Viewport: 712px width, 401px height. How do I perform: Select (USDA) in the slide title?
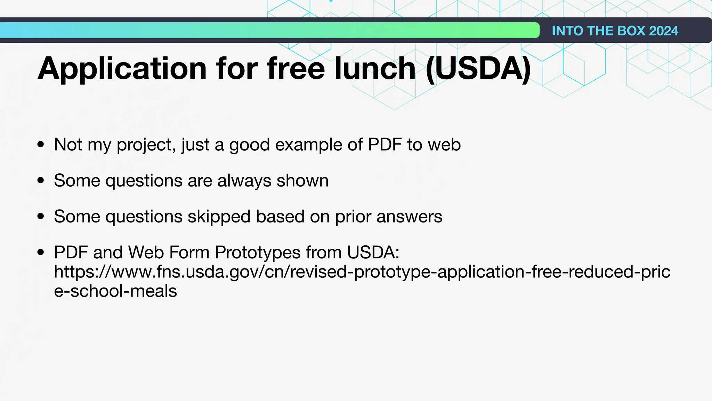click(478, 69)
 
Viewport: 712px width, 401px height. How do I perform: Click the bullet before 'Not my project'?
click(41, 144)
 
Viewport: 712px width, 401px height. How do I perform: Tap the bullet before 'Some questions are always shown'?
click(41, 180)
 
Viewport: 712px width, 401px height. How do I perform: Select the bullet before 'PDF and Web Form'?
click(41, 252)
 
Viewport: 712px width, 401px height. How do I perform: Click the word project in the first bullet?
click(146, 144)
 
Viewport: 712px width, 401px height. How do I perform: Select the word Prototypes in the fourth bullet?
click(257, 252)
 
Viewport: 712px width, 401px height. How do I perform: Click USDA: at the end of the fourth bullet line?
click(373, 252)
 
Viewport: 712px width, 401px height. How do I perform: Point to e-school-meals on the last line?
click(115, 291)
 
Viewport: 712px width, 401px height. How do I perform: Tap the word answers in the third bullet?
click(409, 217)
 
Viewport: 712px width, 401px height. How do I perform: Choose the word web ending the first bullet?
click(444, 144)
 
